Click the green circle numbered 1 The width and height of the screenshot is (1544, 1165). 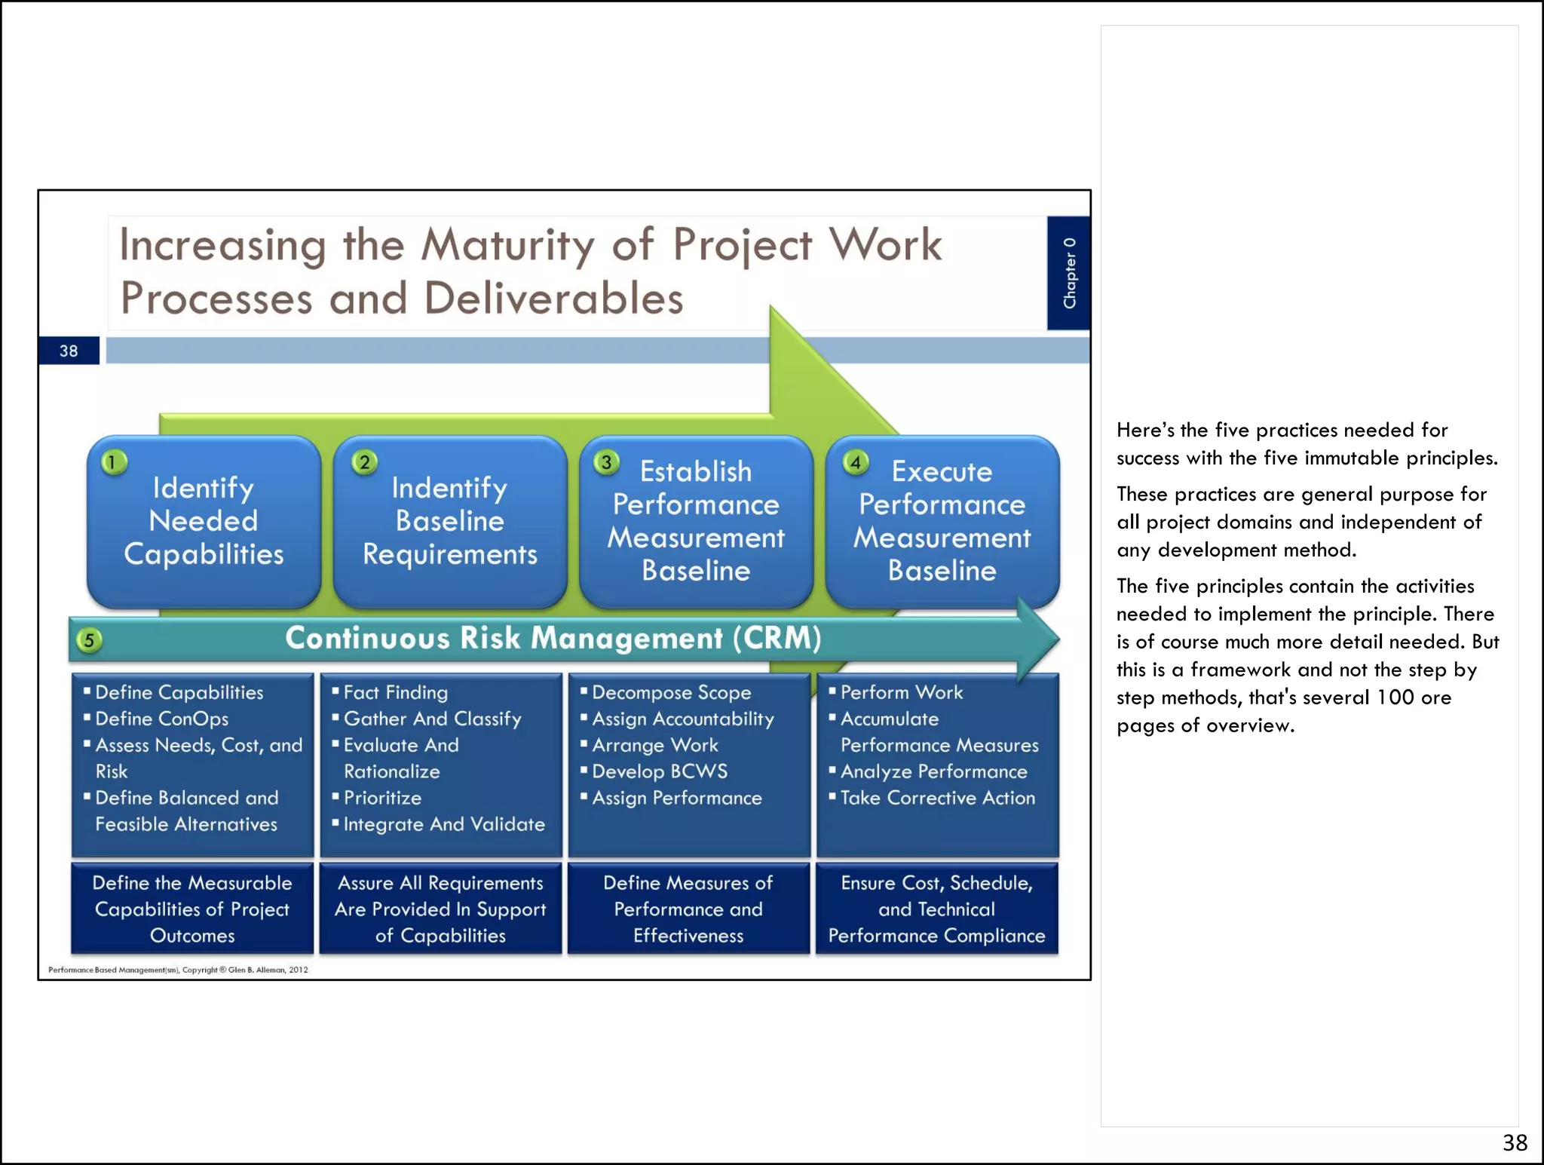pos(113,462)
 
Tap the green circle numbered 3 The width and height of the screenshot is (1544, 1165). pos(606,462)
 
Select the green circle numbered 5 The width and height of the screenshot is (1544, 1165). pos(89,641)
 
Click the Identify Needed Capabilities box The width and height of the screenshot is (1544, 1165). pos(204,521)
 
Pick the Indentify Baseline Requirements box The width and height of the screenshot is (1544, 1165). pos(450,521)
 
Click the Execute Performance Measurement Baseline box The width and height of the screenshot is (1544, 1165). pos(942,521)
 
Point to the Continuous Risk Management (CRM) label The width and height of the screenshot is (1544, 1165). pos(553,638)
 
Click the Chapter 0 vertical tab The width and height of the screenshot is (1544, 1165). pos(1068,273)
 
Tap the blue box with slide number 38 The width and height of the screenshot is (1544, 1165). pos(69,351)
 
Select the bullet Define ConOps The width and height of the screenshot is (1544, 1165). pos(161,719)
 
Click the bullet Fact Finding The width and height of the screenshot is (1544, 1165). pos(395,692)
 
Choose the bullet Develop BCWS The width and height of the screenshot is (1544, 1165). pos(660,771)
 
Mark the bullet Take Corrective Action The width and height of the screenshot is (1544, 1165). pos(937,798)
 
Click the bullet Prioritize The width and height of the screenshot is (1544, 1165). pos(382,798)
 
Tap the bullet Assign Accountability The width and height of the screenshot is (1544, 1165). pos(682,719)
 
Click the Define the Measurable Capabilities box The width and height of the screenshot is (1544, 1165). pos(192,909)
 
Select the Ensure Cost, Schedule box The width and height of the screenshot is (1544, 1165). pos(936,909)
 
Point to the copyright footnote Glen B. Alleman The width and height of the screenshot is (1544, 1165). pos(178,970)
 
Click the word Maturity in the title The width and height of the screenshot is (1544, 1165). pos(507,245)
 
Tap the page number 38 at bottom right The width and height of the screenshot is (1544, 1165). pos(1515,1142)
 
